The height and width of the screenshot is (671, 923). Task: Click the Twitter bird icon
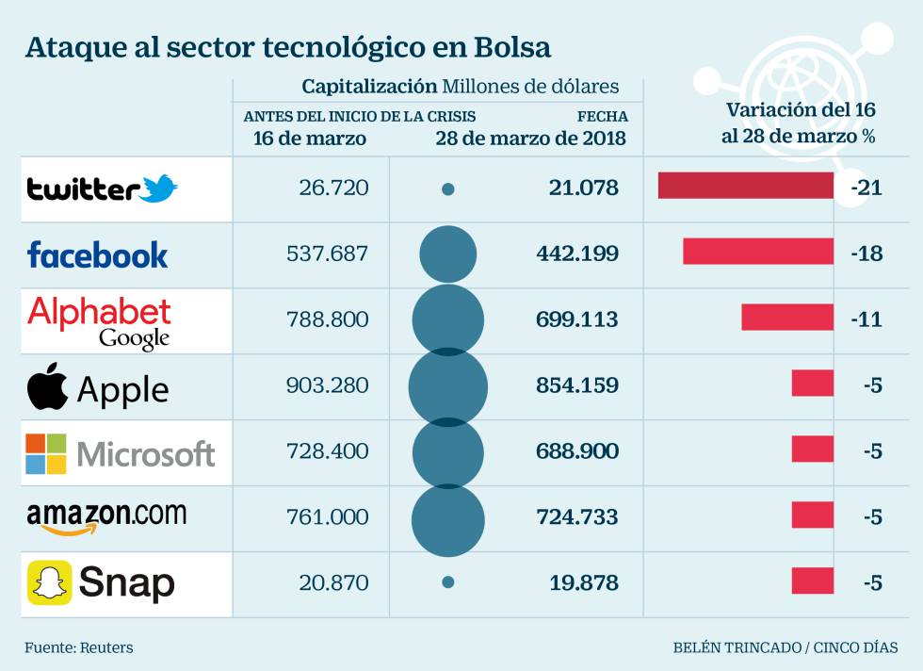(158, 188)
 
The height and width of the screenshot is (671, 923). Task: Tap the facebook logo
(98, 254)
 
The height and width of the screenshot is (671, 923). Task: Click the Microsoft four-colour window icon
(46, 454)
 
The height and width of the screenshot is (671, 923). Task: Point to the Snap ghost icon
(49, 583)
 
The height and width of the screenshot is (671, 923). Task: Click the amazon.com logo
(106, 517)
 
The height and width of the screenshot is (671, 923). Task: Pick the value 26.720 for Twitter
(333, 188)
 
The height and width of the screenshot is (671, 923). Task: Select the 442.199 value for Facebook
(583, 254)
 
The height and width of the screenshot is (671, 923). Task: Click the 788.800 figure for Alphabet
(327, 319)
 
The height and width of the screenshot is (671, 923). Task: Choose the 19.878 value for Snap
(584, 583)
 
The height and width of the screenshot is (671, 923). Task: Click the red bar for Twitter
(745, 186)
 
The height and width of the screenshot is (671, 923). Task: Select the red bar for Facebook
(758, 252)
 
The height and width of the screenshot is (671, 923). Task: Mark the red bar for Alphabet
(787, 318)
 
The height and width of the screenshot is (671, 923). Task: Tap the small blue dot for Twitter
(448, 189)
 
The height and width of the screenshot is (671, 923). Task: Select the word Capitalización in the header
(369, 87)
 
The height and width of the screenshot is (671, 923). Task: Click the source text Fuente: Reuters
(79, 647)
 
